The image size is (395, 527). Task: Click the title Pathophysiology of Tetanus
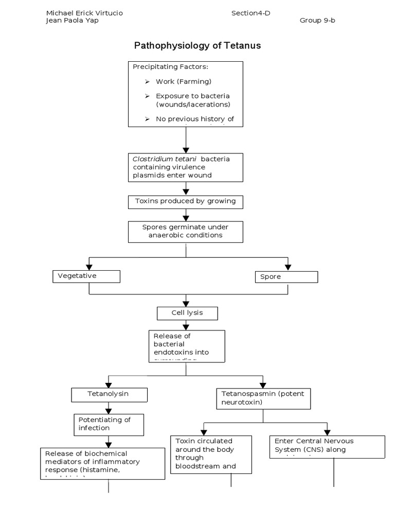197,45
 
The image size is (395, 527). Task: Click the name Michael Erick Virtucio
84,13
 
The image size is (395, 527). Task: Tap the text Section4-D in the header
250,13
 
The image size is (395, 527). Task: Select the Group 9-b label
317,21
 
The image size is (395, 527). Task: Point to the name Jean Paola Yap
73,21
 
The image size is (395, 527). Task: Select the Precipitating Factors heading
171,67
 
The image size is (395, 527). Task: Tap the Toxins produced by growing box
185,201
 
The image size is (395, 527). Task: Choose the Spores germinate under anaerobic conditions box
185,231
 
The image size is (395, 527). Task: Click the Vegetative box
86,276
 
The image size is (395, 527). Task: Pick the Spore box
286,277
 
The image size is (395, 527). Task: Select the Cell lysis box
187,313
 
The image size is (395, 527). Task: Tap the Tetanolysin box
109,394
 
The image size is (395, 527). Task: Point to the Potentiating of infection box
109,424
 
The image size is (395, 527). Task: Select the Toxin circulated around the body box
211,454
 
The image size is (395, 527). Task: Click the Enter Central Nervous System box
327,446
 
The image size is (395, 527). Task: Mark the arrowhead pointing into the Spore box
288,267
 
